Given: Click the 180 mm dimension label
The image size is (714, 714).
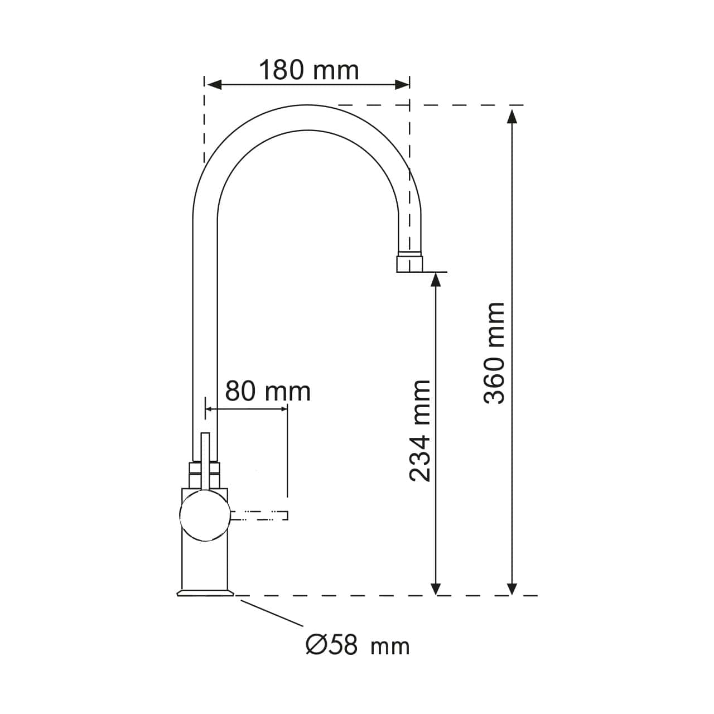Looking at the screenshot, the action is point(308,70).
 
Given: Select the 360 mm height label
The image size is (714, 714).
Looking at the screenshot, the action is point(494,353).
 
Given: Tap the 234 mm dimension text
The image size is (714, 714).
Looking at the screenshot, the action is point(420,431).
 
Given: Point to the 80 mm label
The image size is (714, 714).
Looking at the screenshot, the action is point(268,391).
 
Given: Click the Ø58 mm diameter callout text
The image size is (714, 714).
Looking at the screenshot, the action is point(358,645).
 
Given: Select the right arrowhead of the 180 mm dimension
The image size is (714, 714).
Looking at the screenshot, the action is point(402,85).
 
